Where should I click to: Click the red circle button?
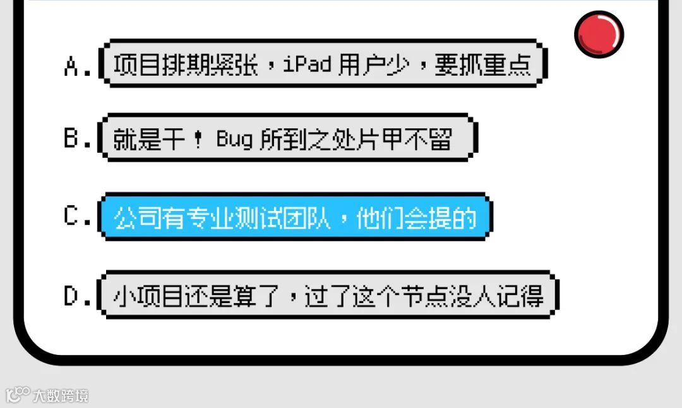[599, 33]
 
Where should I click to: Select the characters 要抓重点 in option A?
[482, 65]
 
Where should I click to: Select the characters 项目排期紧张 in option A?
[186, 65]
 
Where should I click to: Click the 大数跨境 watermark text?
[61, 396]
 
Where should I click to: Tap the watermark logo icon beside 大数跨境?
[18, 395]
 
